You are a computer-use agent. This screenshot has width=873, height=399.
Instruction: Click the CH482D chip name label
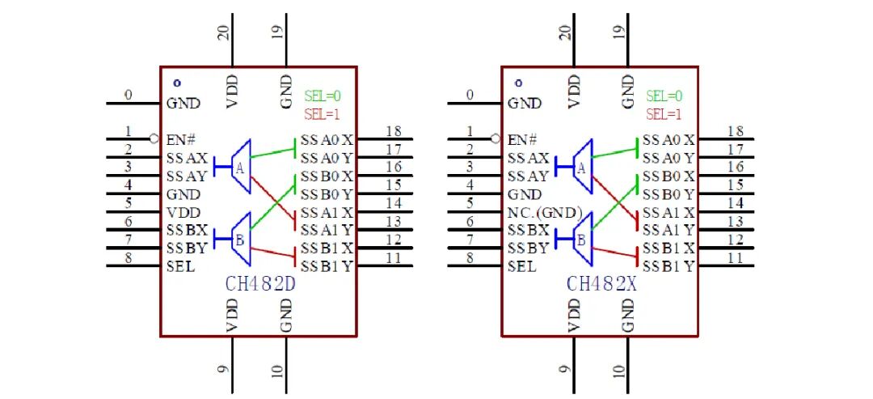(x=260, y=284)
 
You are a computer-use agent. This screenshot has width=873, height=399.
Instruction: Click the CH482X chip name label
(x=601, y=284)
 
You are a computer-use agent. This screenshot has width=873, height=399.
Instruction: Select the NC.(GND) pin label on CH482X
(x=545, y=213)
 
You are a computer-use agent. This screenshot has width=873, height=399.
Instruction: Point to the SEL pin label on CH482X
(x=522, y=266)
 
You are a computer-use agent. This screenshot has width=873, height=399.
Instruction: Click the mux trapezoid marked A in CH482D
(x=241, y=167)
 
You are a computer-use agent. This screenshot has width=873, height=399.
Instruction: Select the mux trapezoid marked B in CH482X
(x=582, y=239)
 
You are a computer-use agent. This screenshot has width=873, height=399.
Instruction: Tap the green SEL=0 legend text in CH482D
(x=323, y=96)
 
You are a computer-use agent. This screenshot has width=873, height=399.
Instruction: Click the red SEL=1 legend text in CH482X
(x=664, y=115)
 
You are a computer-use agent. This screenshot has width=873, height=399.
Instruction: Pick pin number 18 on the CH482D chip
(x=394, y=131)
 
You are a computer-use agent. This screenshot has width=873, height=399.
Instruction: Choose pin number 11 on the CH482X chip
(x=735, y=258)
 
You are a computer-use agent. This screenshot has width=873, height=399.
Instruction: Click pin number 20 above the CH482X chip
(x=565, y=33)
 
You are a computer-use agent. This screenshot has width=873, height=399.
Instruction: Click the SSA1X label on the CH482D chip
(x=327, y=212)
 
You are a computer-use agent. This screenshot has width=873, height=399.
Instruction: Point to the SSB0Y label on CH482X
(x=668, y=194)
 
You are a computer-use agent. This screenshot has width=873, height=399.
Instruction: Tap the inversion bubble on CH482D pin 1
(x=154, y=138)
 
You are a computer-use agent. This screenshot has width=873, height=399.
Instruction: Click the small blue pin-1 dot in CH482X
(x=518, y=83)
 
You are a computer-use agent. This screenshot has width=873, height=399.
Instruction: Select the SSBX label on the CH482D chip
(x=187, y=230)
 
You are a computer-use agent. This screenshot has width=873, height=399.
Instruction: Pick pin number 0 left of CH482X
(x=470, y=95)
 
